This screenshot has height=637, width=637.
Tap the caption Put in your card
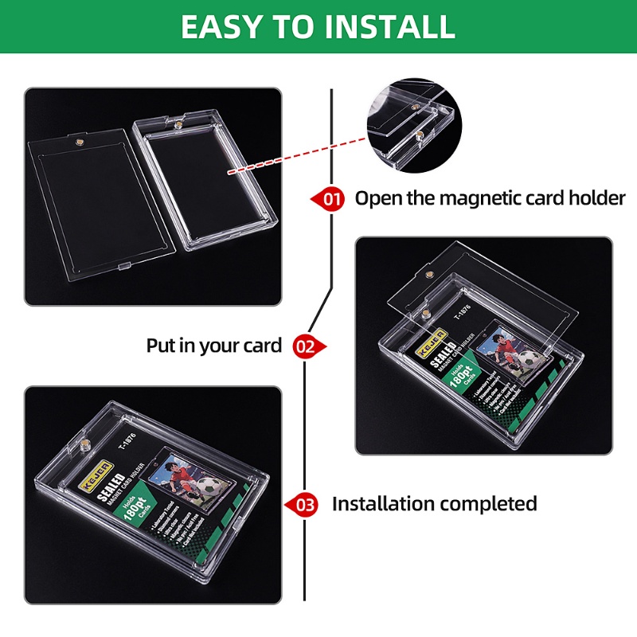click(213, 346)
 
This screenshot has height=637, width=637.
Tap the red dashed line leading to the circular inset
click(295, 150)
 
